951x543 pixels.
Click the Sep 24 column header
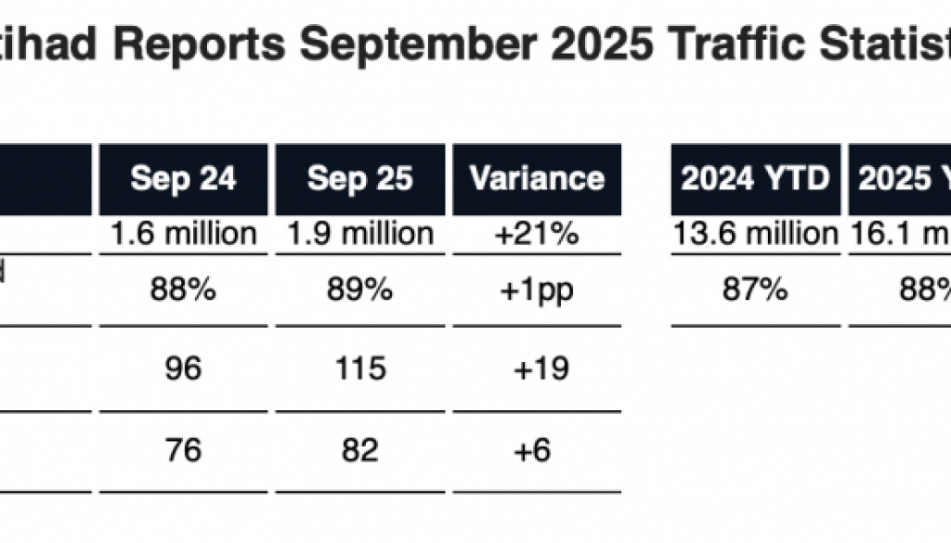pos(183,178)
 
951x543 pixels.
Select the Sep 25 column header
pos(359,178)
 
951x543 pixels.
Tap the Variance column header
pos(537,178)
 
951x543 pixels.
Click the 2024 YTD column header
pos(755,178)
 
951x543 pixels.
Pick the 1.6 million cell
pos(183,233)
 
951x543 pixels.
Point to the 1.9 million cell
pos(359,233)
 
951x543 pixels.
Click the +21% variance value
pos(537,233)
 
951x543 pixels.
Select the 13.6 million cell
pos(755,233)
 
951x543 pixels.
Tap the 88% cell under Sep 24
pos(183,291)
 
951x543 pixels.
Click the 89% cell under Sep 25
pos(359,291)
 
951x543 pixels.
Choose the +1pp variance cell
pos(537,291)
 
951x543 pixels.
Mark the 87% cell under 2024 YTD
pos(755,291)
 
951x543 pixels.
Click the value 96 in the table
pos(183,369)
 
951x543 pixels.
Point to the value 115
pos(359,369)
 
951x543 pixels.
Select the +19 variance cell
pos(537,369)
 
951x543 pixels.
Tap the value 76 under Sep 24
pos(183,450)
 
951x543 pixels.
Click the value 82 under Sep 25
pos(359,450)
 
